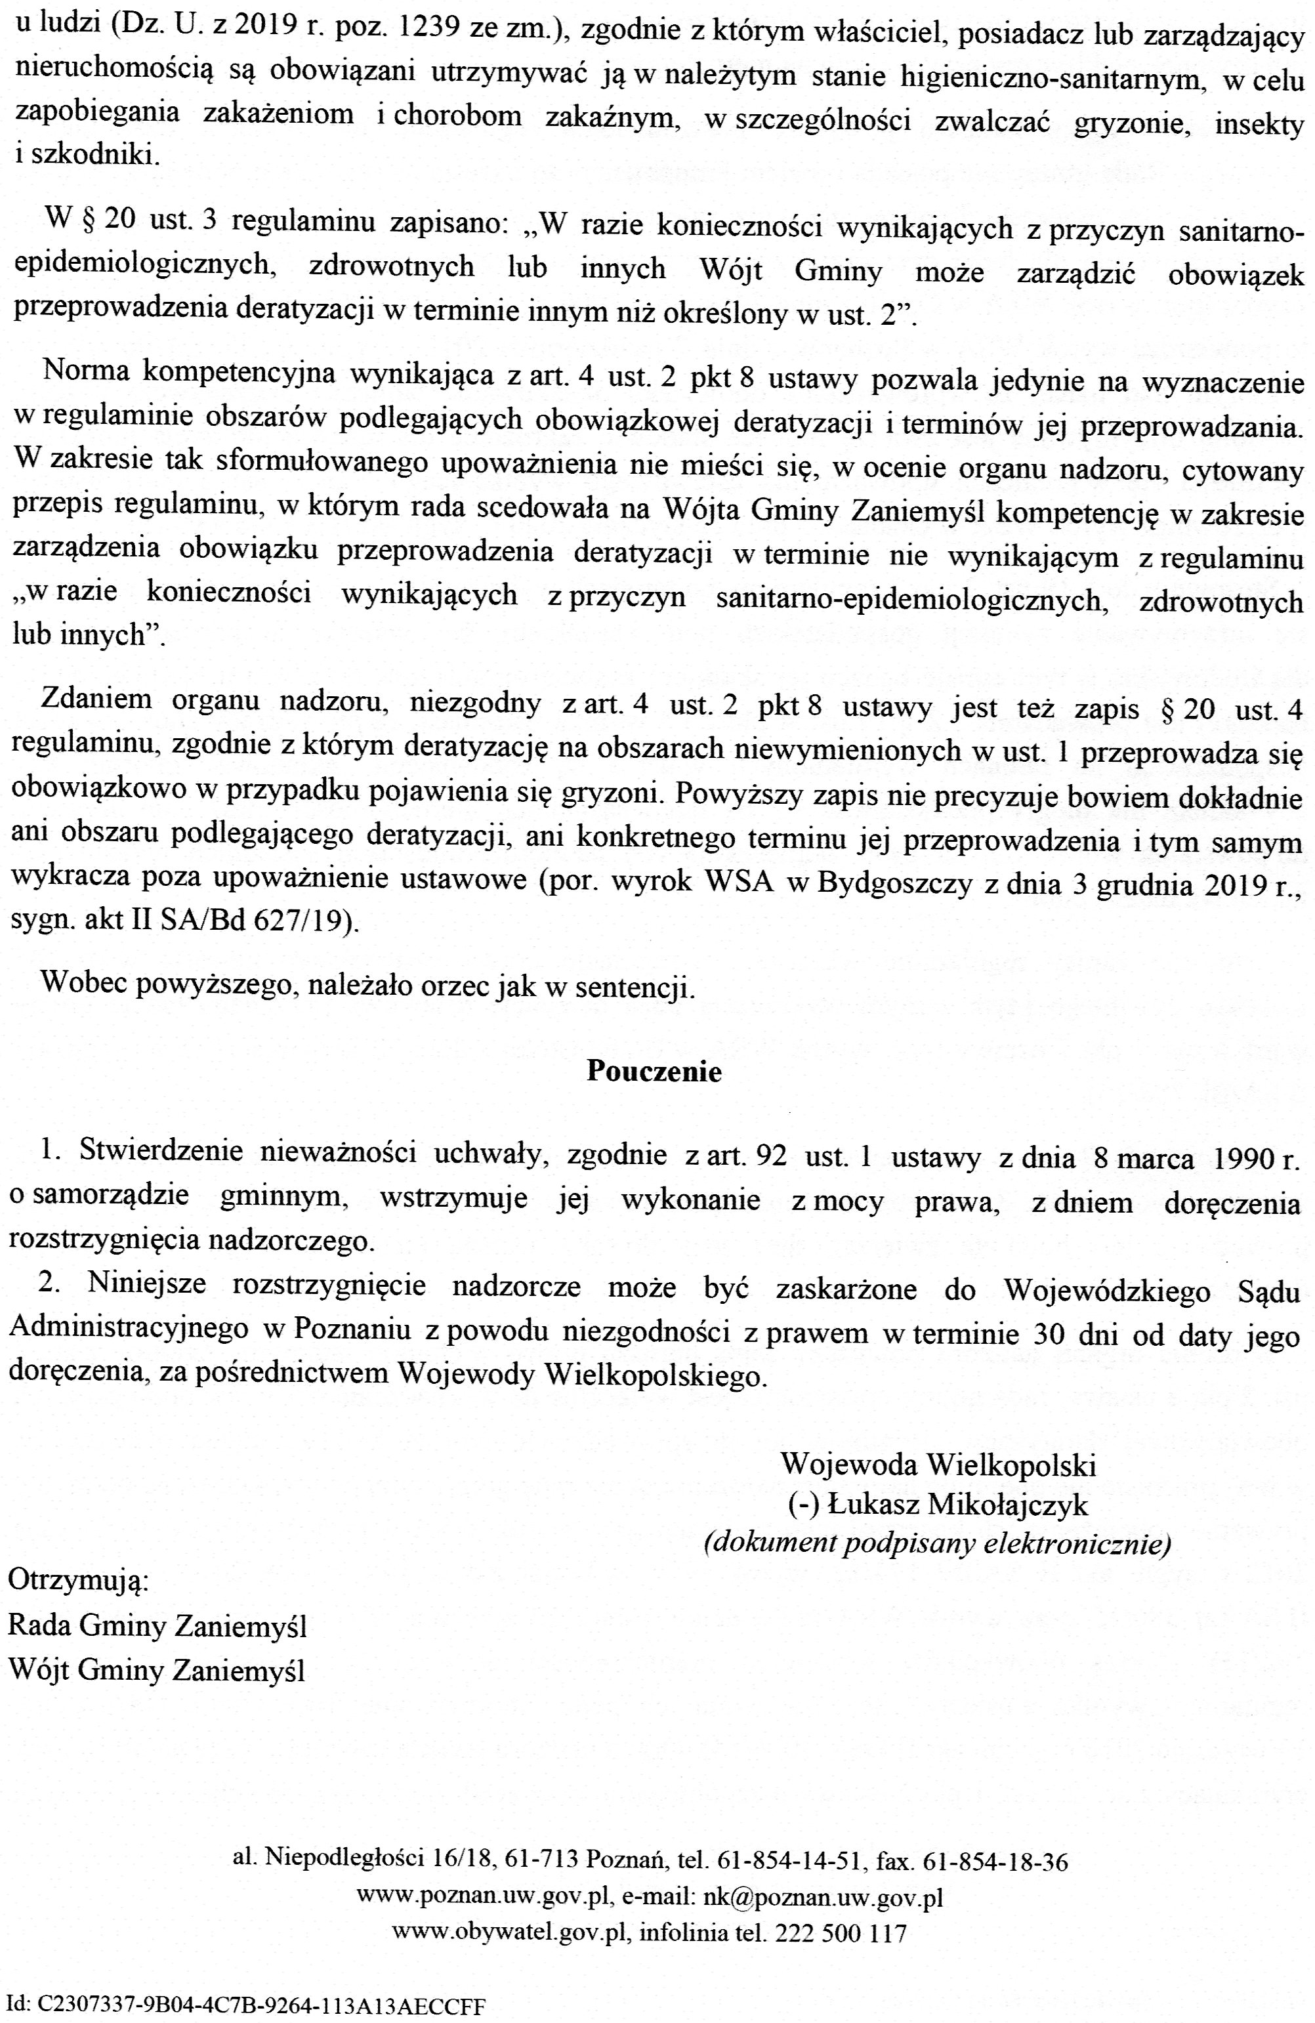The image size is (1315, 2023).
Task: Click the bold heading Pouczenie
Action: coord(653,1072)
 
